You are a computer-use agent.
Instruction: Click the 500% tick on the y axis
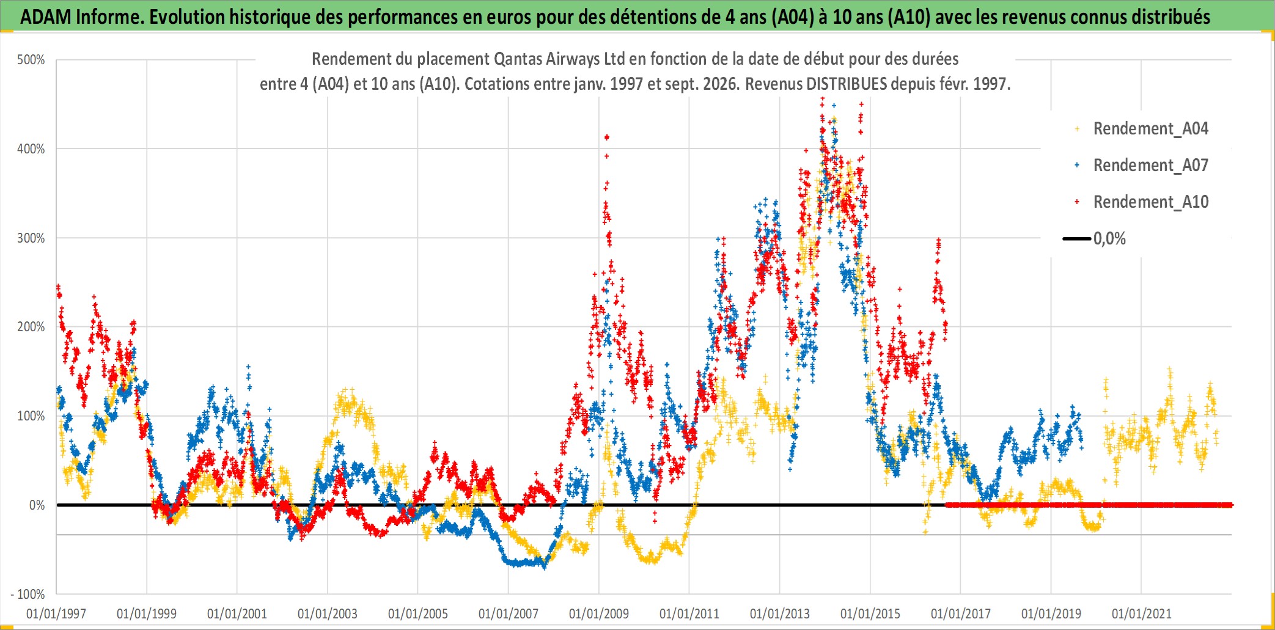pyautogui.click(x=31, y=60)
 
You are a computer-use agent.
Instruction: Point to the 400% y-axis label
pyautogui.click(x=31, y=149)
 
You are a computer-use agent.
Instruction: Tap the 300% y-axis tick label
pyautogui.click(x=31, y=238)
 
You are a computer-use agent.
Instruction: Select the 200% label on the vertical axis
pyautogui.click(x=31, y=327)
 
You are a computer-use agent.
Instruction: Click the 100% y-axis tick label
pyautogui.click(x=31, y=416)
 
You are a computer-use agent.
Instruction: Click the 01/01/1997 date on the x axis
pyautogui.click(x=56, y=614)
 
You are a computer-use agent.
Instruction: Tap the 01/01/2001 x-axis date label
pyautogui.click(x=237, y=614)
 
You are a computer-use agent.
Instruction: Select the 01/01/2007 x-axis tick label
pyautogui.click(x=509, y=614)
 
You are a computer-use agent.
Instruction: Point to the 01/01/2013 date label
pyautogui.click(x=780, y=614)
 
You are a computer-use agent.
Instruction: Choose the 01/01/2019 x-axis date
pyautogui.click(x=1051, y=614)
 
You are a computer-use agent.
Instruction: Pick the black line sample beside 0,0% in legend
pyautogui.click(x=1077, y=239)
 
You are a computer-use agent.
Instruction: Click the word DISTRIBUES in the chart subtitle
pyautogui.click(x=847, y=84)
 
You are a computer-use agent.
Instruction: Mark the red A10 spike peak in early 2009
pyautogui.click(x=606, y=137)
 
